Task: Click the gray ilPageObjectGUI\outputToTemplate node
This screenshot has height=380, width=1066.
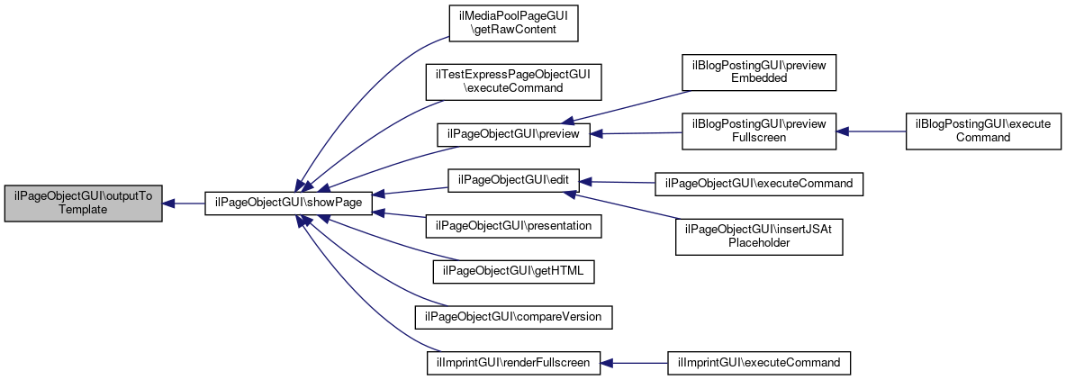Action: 83,204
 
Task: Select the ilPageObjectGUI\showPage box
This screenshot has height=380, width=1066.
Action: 288,204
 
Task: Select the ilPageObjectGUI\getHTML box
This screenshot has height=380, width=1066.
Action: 513,271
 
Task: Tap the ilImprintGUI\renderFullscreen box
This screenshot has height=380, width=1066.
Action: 513,362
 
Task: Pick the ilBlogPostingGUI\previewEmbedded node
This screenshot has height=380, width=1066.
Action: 759,72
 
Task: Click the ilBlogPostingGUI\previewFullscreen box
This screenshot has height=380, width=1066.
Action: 759,131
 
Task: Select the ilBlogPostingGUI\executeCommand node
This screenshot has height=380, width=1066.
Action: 983,131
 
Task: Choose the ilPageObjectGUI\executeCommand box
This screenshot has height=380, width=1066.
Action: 759,184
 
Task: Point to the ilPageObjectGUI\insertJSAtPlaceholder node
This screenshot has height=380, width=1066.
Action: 759,237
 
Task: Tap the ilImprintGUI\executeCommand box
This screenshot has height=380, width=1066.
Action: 759,362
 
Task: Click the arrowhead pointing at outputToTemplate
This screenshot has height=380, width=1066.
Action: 168,204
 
